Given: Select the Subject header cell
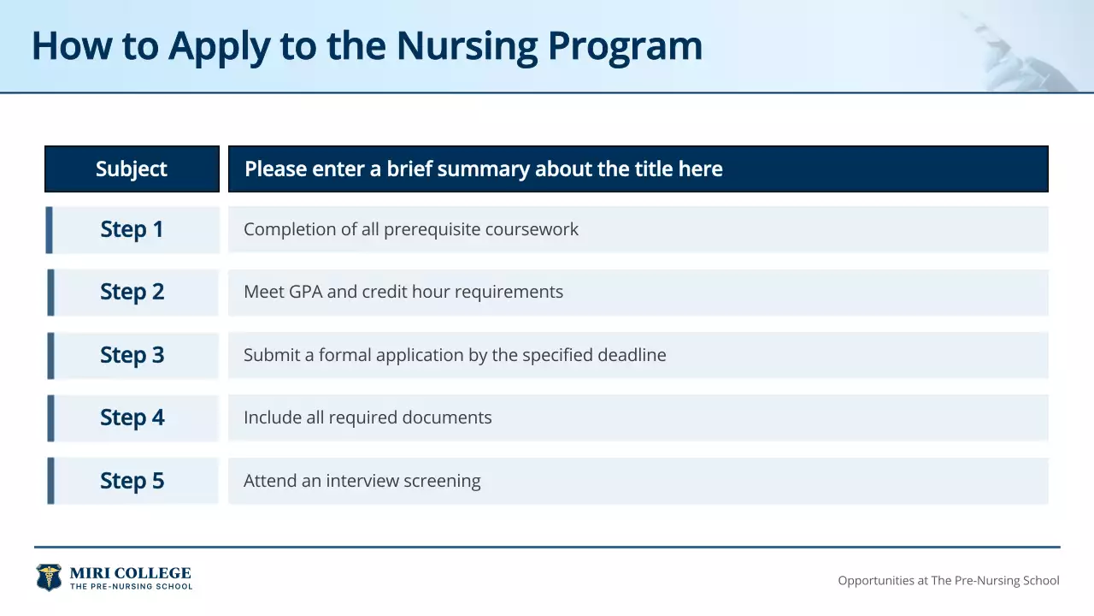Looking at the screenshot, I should (x=132, y=169).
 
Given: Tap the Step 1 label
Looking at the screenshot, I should (x=132, y=229).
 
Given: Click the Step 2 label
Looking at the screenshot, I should (x=132, y=292).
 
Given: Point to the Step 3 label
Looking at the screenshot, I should (x=132, y=355).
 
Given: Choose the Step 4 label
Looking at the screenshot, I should (x=132, y=418).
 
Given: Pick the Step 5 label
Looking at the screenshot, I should (x=132, y=481).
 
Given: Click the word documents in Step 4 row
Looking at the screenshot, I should (x=449, y=418).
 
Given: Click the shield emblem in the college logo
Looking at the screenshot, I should (x=49, y=577).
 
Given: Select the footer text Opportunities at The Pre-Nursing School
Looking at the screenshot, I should (x=948, y=580).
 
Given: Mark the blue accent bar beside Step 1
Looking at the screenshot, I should (x=50, y=229).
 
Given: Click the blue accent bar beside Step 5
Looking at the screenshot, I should (x=50, y=481).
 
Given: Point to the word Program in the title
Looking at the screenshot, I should (x=625, y=46).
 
